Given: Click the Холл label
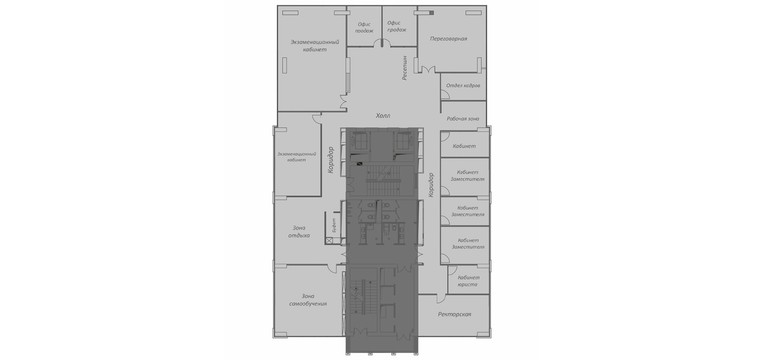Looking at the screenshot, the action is pyautogui.click(x=383, y=116).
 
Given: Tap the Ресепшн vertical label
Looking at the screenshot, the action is pyautogui.click(x=405, y=68).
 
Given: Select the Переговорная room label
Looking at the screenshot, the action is pyautogui.click(x=449, y=39).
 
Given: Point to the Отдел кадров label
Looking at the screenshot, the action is pyautogui.click(x=463, y=85).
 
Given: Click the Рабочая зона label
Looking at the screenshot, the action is pyautogui.click(x=463, y=119).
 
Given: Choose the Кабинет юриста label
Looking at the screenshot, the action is pyautogui.click(x=468, y=281).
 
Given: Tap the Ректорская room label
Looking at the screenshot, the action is pyautogui.click(x=454, y=314).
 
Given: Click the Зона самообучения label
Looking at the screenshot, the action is pyautogui.click(x=308, y=300).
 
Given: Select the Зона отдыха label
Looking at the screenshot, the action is pyautogui.click(x=299, y=232).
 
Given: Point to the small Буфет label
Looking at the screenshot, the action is pyautogui.click(x=334, y=225).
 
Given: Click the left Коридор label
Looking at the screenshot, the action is pyautogui.click(x=331, y=160).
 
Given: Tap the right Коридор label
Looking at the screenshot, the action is pyautogui.click(x=431, y=184).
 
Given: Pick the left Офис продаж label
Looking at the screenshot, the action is pyautogui.click(x=364, y=28).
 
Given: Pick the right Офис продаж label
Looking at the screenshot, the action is pyautogui.click(x=397, y=26).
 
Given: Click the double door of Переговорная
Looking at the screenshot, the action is pyautogui.click(x=429, y=70).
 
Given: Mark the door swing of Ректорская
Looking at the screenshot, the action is pyautogui.click(x=441, y=299).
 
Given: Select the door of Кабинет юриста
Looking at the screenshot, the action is pyautogui.click(x=452, y=270).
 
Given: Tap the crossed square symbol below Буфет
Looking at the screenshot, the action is pyautogui.click(x=330, y=241).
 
